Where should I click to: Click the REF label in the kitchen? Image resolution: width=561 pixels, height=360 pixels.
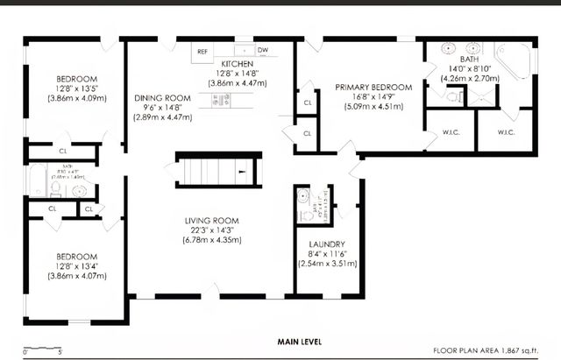coord(202,52)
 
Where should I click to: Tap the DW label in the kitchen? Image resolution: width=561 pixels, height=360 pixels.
coord(262,52)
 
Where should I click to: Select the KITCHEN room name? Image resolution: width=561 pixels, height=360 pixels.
coord(238,65)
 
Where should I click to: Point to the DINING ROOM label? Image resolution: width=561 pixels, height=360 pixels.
coord(162,98)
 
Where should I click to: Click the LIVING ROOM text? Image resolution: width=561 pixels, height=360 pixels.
coord(212,221)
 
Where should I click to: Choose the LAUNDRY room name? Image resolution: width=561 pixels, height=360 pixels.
coord(327,244)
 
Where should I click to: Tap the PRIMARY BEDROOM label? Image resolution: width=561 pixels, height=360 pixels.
coord(373,88)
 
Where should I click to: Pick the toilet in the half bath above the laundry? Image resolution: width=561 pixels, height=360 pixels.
coord(302,197)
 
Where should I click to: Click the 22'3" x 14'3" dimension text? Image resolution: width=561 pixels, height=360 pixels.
coord(212,230)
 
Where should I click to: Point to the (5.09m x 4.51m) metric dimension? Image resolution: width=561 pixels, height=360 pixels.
coord(373,107)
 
